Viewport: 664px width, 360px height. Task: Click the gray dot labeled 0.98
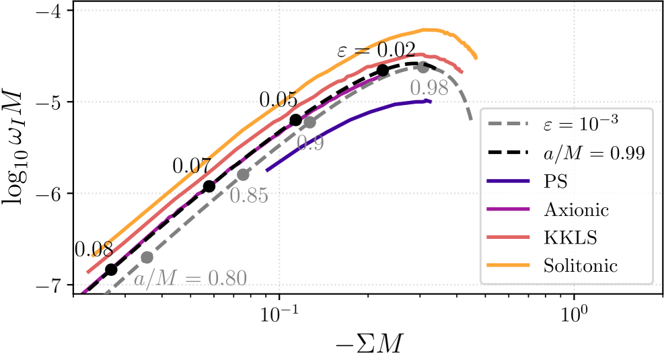click(x=422, y=67)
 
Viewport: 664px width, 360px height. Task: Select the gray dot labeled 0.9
click(x=309, y=122)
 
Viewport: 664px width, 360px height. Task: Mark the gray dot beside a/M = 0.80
click(x=147, y=256)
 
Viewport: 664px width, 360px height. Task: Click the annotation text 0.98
click(x=429, y=87)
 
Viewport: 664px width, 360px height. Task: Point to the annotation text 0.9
click(x=310, y=143)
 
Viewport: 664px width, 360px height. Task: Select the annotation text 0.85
click(x=248, y=196)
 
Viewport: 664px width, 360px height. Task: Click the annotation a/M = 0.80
click(x=190, y=279)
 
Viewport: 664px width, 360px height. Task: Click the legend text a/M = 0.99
click(x=594, y=153)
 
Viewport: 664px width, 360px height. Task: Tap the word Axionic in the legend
click(x=576, y=209)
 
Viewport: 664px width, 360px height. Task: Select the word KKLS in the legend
click(x=571, y=238)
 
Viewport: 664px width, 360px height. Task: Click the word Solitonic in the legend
click(x=581, y=265)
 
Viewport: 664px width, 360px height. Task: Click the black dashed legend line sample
click(x=509, y=153)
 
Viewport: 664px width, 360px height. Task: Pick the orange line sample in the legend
click(x=509, y=265)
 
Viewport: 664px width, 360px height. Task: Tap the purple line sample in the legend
click(x=509, y=209)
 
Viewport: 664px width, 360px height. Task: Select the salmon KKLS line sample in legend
click(x=509, y=238)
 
